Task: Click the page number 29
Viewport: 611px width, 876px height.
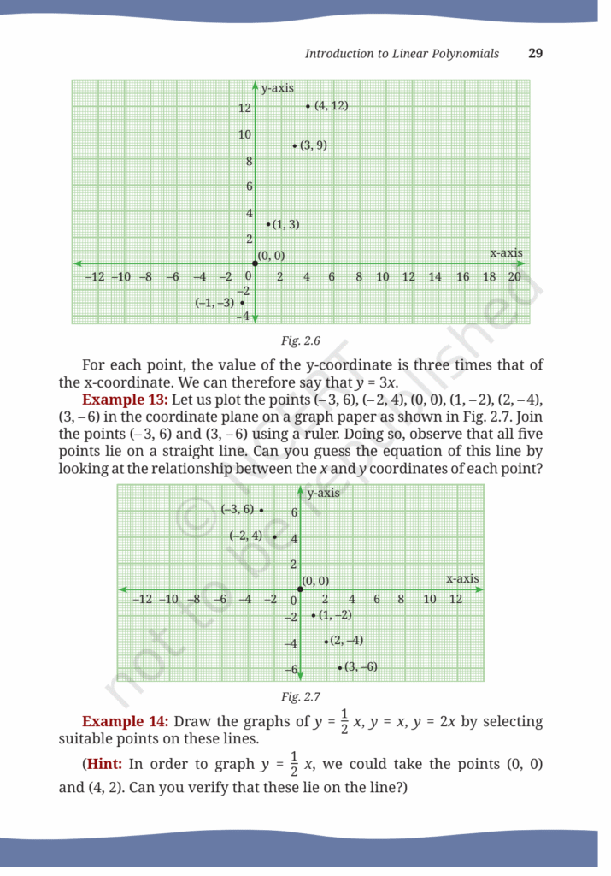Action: tap(536, 53)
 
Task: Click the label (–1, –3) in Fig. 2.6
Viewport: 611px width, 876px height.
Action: tap(214, 302)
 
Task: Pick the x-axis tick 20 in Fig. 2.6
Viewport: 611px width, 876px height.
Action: tap(514, 277)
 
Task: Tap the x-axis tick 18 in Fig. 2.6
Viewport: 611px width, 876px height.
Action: tap(489, 277)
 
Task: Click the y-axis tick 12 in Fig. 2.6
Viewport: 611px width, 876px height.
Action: tap(244, 108)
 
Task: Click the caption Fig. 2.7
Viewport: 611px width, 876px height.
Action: tap(300, 696)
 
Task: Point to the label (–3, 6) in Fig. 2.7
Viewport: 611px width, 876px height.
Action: tap(238, 510)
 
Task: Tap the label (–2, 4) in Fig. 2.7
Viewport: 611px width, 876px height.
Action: tap(247, 536)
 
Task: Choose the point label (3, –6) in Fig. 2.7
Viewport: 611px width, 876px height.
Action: tap(360, 667)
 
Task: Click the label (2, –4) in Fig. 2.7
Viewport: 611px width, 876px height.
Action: tap(346, 641)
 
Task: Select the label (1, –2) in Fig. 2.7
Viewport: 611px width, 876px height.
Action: tap(335, 615)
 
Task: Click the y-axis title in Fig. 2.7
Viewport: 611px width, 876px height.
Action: tap(323, 494)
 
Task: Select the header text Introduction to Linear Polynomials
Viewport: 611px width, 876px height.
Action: tap(402, 53)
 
